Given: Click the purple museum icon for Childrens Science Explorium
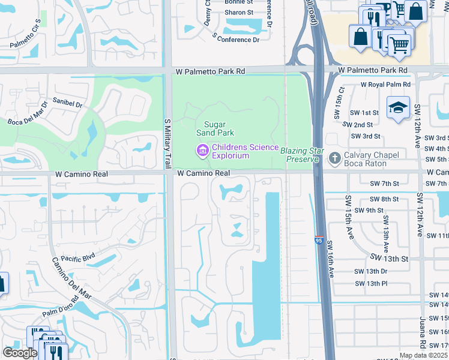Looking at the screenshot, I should point(202,149).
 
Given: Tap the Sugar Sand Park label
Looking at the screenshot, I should point(215,128).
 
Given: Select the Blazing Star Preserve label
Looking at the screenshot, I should point(302,155).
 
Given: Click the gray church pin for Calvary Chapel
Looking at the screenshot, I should point(334,157).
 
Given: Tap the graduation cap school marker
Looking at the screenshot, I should point(398,108).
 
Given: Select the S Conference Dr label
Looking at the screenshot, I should point(235,38).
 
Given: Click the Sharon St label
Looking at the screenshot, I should point(240,13).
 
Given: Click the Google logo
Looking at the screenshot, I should point(20,353).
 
